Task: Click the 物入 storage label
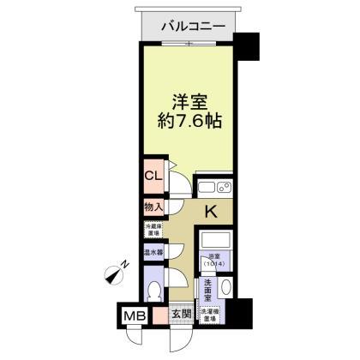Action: [x=153, y=207]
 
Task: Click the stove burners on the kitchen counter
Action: [x=225, y=188]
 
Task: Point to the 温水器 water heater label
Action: [x=153, y=253]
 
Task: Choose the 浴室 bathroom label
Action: [x=215, y=260]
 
